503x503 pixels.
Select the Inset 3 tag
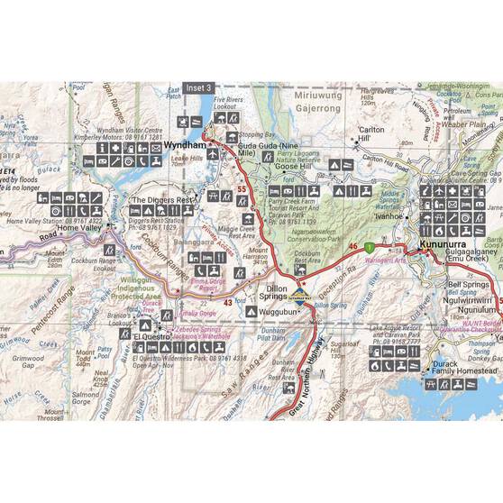(197, 88)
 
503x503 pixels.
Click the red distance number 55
(241, 189)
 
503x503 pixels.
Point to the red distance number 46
(353, 246)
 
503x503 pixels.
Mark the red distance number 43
(228, 302)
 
